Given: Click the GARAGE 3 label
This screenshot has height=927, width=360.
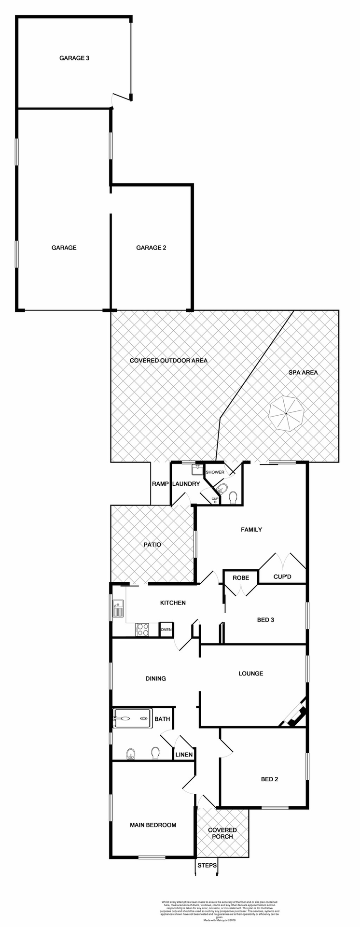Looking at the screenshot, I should coord(74,58).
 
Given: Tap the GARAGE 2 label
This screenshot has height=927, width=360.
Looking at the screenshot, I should coord(151,248).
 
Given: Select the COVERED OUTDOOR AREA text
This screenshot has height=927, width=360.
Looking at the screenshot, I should coord(168,360).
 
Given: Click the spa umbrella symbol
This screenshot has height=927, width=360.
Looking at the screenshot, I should coord(286,414).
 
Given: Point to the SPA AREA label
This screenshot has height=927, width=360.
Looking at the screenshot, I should coord(303,372).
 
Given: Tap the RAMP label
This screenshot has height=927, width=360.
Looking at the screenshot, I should coord(160,484).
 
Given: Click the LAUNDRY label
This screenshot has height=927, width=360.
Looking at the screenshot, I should coord(186,484).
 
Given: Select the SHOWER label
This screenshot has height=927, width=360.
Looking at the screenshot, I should coord(215,472).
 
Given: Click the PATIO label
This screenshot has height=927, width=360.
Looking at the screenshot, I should coord(152,545).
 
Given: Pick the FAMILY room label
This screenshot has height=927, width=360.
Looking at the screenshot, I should coord(251,530).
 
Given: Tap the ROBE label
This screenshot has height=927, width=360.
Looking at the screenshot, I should coord(241,578).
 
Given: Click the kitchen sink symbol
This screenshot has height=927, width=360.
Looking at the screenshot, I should coord(118,609).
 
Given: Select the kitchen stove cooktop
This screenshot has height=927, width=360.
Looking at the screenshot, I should coord(142,630).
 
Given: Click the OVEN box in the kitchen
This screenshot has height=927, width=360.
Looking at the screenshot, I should coord(166,630).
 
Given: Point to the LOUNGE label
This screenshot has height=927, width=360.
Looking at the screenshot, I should coord(251,674).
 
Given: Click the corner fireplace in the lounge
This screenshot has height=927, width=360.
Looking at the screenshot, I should coord(295,714).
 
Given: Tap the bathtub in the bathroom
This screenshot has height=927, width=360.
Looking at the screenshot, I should coord(132,718).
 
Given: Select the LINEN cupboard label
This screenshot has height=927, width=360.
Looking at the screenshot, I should coord(184,755).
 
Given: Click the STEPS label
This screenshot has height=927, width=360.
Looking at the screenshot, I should coord(207,865).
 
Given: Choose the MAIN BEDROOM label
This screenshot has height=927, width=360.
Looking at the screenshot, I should coord(153,825).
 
